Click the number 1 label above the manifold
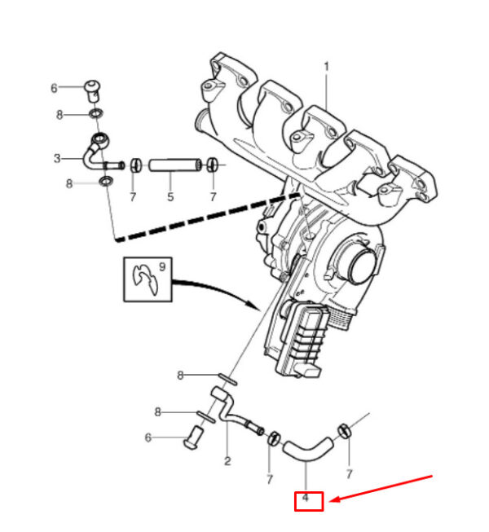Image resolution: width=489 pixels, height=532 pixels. pos(327,67)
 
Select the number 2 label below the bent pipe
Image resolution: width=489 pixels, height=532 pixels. pos(227,461)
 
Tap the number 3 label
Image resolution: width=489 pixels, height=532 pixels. pos(57,158)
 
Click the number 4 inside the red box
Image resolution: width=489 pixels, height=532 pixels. pos(306,498)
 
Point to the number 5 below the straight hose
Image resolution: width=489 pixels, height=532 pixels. pos(170,196)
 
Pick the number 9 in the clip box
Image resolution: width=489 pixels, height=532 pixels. pos(162,266)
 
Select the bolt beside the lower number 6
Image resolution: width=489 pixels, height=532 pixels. pos(195,437)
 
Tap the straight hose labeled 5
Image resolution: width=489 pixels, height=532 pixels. pos(174,165)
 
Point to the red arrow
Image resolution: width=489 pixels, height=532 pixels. pos(381,488)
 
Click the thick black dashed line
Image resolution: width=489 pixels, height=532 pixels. pos(207,218)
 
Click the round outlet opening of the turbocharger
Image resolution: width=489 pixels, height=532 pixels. pos(363,266)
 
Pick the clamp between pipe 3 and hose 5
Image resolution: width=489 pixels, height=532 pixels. pos(136,165)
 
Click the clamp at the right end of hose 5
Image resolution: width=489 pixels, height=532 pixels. pos(213,165)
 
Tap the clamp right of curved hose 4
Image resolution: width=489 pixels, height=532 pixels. pos(344,431)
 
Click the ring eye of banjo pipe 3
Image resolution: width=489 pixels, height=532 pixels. pos(100,139)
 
